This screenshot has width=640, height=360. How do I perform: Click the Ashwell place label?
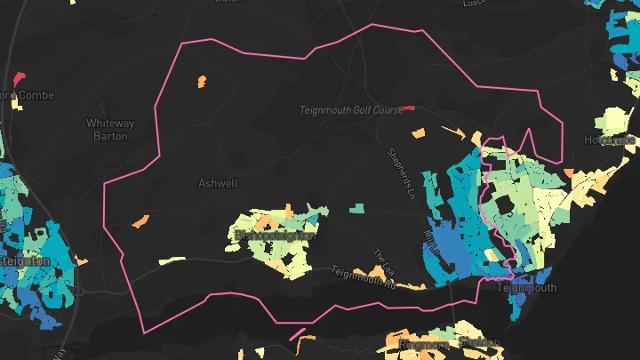[219, 184]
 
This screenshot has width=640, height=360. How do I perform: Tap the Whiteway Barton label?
[110, 130]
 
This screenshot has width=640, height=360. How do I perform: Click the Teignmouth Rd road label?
[363, 277]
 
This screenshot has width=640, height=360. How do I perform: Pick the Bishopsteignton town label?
[276, 236]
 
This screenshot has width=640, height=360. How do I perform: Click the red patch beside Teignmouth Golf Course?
[407, 108]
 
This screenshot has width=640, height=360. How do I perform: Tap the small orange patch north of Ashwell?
[200, 82]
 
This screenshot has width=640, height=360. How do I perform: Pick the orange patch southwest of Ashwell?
[140, 220]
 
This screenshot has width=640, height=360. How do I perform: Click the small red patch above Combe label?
[20, 77]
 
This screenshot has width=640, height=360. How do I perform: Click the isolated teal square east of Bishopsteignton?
[356, 209]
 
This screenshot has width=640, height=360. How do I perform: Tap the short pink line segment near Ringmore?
[297, 335]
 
